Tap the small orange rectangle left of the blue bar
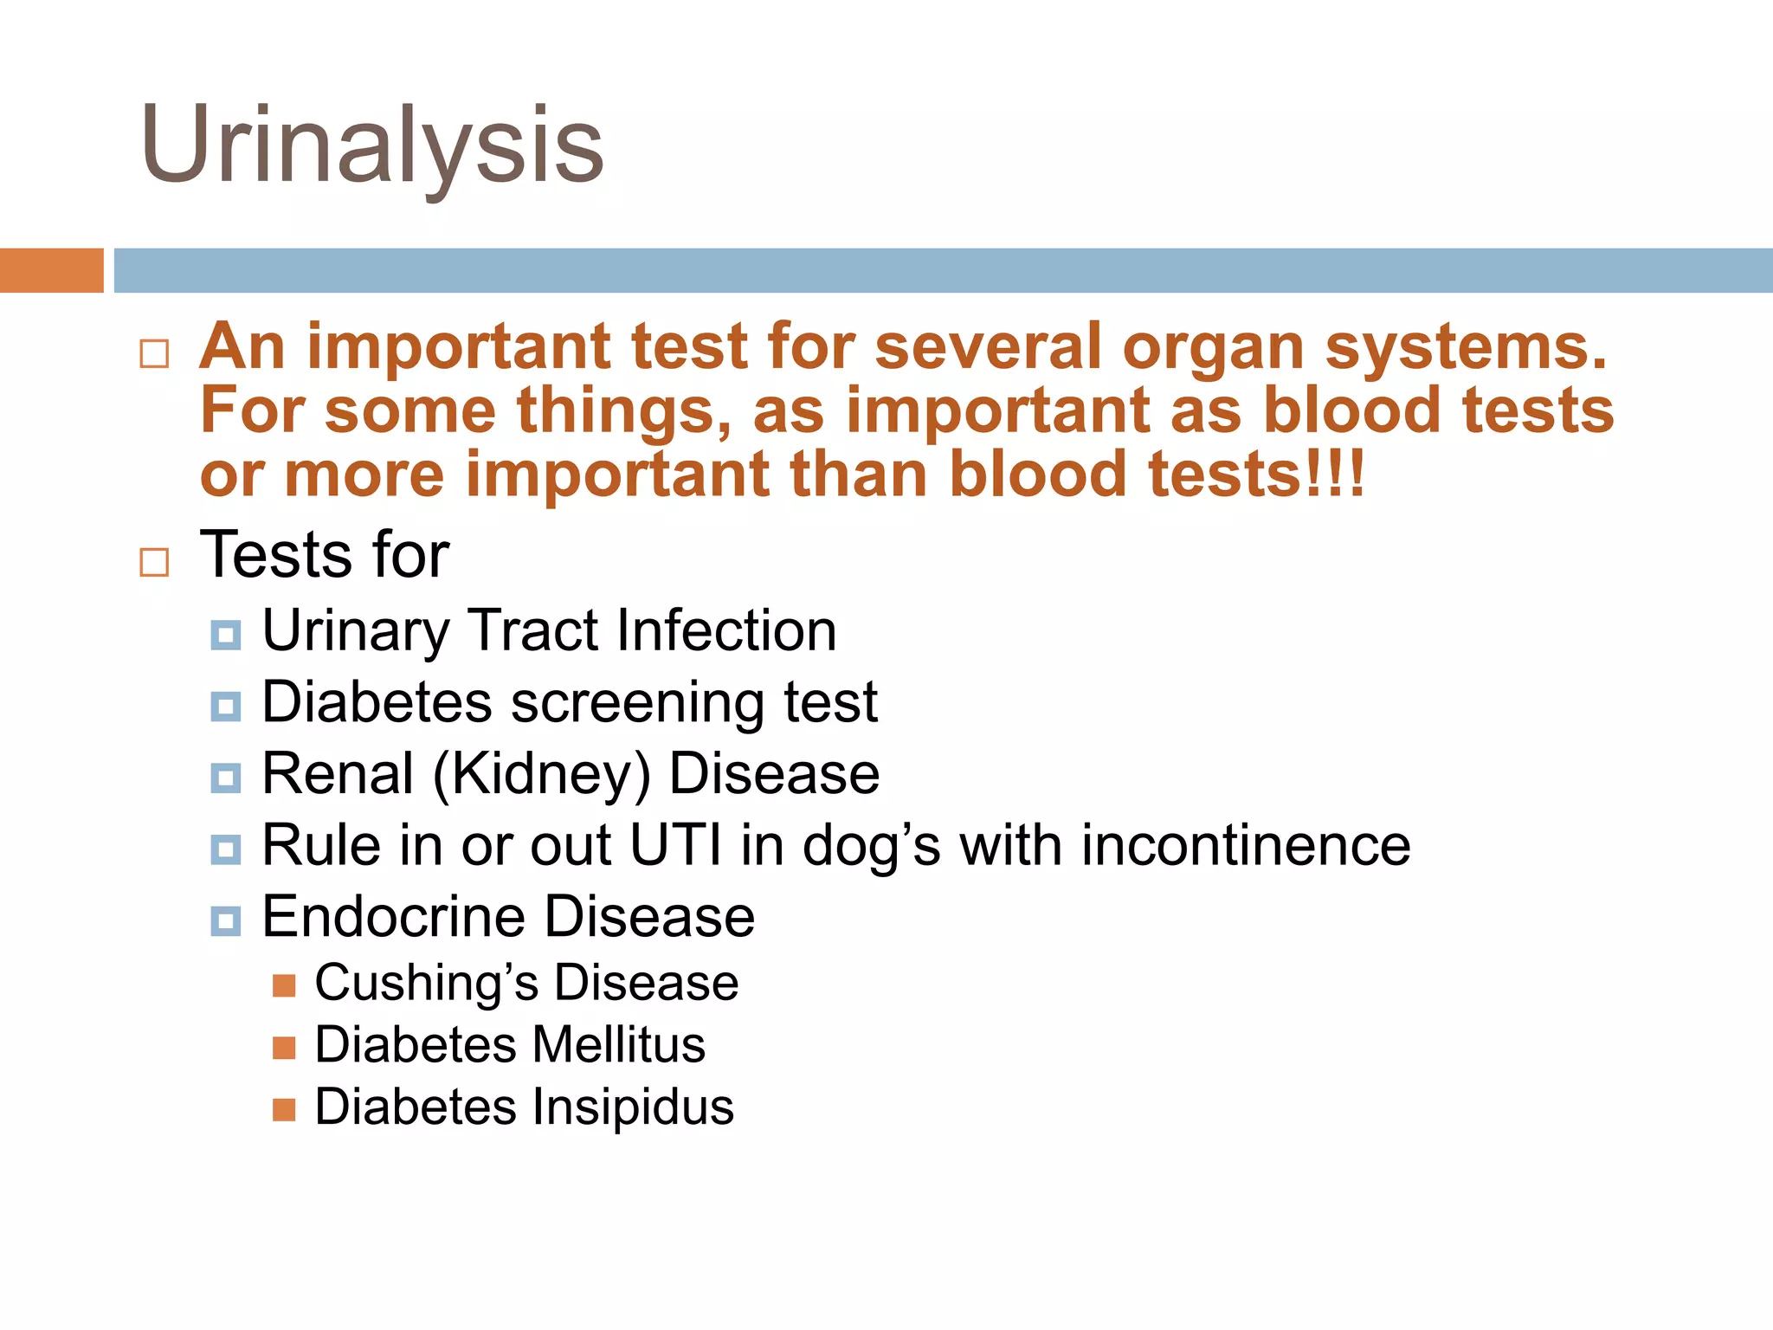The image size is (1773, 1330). click(x=51, y=270)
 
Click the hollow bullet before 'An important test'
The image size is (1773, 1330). click(x=154, y=353)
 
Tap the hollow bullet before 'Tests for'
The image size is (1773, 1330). click(x=154, y=562)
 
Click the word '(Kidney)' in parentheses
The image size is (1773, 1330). click(x=541, y=774)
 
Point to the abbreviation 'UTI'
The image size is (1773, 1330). click(x=675, y=845)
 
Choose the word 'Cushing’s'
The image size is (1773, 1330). click(x=427, y=984)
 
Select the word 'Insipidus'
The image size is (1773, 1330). click(x=632, y=1107)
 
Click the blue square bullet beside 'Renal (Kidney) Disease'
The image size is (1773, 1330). click(x=226, y=778)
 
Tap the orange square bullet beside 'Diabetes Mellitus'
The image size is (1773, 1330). click(x=284, y=1049)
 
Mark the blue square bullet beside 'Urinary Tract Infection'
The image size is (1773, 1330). click(x=226, y=636)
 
